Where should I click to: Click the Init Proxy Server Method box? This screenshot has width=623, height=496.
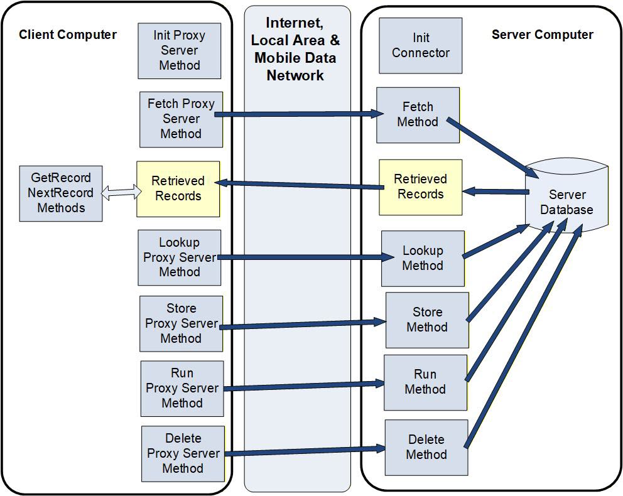(180, 51)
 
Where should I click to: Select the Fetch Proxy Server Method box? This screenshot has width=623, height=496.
(181, 119)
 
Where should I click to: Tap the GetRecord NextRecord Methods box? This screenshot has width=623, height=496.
(61, 193)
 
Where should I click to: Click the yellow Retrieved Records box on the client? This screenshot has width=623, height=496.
(178, 189)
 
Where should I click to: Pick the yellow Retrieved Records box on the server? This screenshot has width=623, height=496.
(420, 187)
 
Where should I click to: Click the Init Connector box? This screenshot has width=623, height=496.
(420, 46)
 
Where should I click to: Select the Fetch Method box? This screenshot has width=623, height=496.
(418, 115)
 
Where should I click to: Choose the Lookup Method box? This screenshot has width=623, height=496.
(423, 258)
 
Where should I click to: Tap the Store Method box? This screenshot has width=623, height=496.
(427, 320)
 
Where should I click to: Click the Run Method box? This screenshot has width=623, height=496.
(425, 382)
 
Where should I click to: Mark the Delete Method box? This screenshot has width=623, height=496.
(426, 447)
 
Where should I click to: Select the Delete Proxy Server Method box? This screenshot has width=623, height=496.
(183, 453)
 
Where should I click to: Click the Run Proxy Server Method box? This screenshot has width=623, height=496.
(182, 388)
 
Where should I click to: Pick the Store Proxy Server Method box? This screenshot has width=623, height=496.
(181, 323)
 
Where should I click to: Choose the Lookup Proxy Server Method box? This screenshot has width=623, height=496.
(180, 257)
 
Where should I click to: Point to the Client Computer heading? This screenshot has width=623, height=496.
(68, 35)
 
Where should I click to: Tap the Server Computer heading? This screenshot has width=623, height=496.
(542, 35)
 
